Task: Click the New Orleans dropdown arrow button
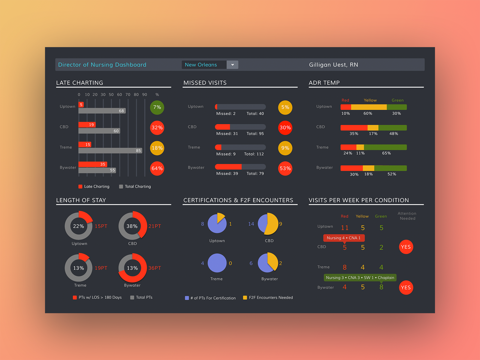click(x=232, y=65)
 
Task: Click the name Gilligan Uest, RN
click(x=333, y=65)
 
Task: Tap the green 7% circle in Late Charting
click(x=157, y=107)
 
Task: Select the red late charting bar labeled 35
click(x=93, y=164)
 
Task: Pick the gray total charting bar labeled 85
click(x=110, y=151)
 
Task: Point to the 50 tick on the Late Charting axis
click(x=111, y=94)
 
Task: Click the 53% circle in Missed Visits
click(x=285, y=168)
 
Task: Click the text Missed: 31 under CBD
click(x=227, y=133)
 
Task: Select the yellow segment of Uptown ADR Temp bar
click(x=369, y=107)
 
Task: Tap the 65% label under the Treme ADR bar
click(x=386, y=153)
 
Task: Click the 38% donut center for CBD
click(x=132, y=226)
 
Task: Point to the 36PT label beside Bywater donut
click(x=154, y=268)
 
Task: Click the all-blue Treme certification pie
click(x=217, y=263)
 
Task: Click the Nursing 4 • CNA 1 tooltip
click(x=344, y=238)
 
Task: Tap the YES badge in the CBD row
click(x=406, y=247)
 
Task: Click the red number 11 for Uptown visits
click(x=345, y=228)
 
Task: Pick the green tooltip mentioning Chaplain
click(x=360, y=277)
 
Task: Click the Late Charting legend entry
click(x=94, y=187)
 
